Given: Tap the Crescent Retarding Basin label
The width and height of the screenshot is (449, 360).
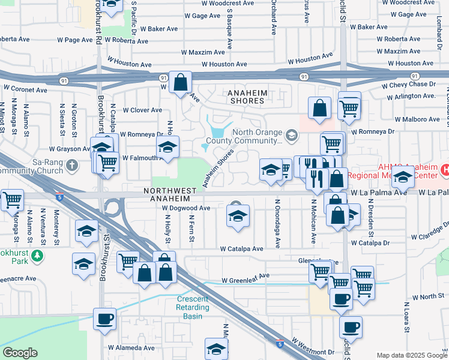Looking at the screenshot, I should click(x=193, y=304).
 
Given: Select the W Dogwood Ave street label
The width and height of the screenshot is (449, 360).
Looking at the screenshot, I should click(x=186, y=208).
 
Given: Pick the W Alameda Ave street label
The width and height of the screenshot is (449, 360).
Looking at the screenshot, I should click(x=131, y=347).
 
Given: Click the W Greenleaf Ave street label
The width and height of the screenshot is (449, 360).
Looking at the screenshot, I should click(x=246, y=280).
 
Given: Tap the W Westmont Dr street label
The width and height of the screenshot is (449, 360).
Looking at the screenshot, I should click(x=313, y=348).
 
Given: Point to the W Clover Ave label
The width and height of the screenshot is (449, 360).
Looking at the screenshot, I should click(x=142, y=110).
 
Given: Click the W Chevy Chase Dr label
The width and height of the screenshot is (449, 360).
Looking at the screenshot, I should click(x=412, y=84).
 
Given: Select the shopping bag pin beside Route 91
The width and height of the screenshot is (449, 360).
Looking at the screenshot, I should click(x=180, y=82).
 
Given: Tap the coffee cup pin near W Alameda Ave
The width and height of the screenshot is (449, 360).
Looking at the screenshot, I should click(x=104, y=319).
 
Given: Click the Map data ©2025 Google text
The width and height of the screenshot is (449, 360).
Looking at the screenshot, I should click(x=411, y=355).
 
